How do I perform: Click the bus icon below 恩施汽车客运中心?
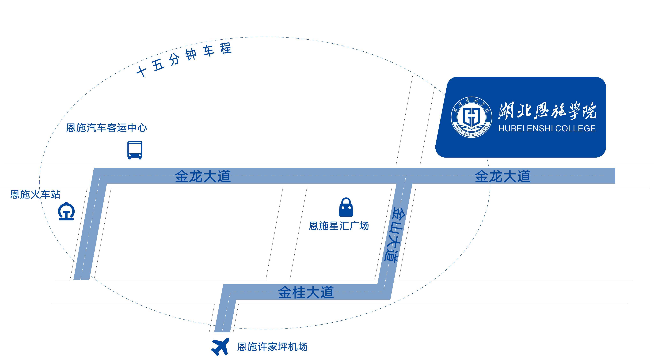135,150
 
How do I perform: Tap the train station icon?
66,211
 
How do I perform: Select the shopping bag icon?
346,207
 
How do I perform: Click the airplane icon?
220,347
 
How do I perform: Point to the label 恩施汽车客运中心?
107,128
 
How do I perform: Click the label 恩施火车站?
35,194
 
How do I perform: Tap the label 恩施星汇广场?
339,226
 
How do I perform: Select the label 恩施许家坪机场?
272,347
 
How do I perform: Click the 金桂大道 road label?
306,292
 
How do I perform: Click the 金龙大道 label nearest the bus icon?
203,176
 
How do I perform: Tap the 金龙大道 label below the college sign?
503,176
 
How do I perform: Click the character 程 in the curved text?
226,48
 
